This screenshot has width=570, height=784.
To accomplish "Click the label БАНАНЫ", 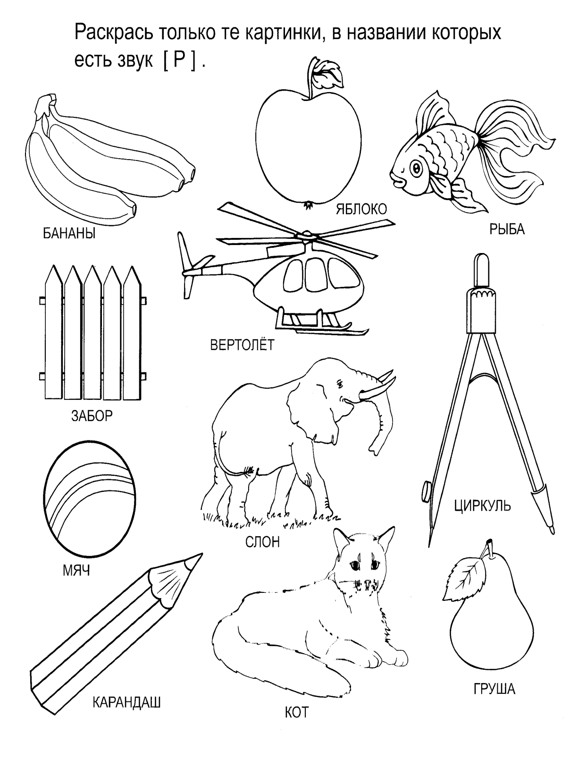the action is (69, 234).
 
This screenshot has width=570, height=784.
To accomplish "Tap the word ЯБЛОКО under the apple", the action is (361, 209).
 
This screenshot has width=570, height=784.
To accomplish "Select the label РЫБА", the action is (507, 229).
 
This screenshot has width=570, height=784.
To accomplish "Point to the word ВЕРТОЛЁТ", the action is (242, 345).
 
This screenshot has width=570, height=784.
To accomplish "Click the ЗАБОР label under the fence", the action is (92, 416).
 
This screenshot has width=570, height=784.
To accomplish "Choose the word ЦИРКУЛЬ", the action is (483, 506).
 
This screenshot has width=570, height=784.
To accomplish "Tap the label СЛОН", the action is (262, 542).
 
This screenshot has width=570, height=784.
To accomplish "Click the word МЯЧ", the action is (76, 571).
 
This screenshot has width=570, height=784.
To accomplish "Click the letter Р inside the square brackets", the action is (179, 60).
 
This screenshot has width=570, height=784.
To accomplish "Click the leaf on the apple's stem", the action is (329, 74).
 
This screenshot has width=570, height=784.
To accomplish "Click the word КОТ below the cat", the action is (296, 712).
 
